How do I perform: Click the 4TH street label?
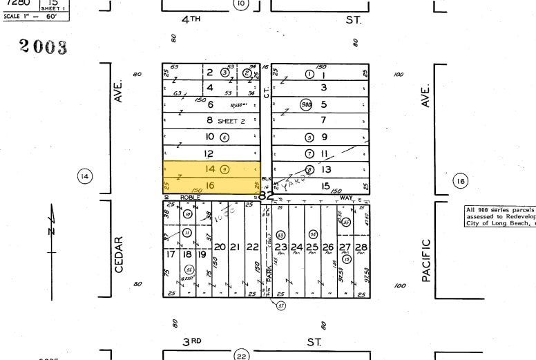[191, 20]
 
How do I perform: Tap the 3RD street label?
[191, 341]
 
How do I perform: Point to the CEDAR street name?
[119, 254]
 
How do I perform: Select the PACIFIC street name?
[426, 259]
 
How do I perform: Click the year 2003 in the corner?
[44, 46]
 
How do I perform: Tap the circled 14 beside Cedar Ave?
[85, 177]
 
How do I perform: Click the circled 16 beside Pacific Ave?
[460, 182]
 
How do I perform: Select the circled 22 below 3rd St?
[240, 354]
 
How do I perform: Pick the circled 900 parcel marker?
[306, 104]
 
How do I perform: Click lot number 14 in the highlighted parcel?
[210, 169]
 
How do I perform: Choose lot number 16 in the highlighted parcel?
[210, 185]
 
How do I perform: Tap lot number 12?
[209, 153]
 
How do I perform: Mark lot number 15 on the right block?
[324, 185]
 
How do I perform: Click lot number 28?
[361, 247]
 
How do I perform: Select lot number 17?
[169, 254]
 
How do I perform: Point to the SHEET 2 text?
[231, 121]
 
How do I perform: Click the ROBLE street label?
[189, 197]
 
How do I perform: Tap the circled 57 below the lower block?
[281, 305]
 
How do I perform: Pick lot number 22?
[253, 247]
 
